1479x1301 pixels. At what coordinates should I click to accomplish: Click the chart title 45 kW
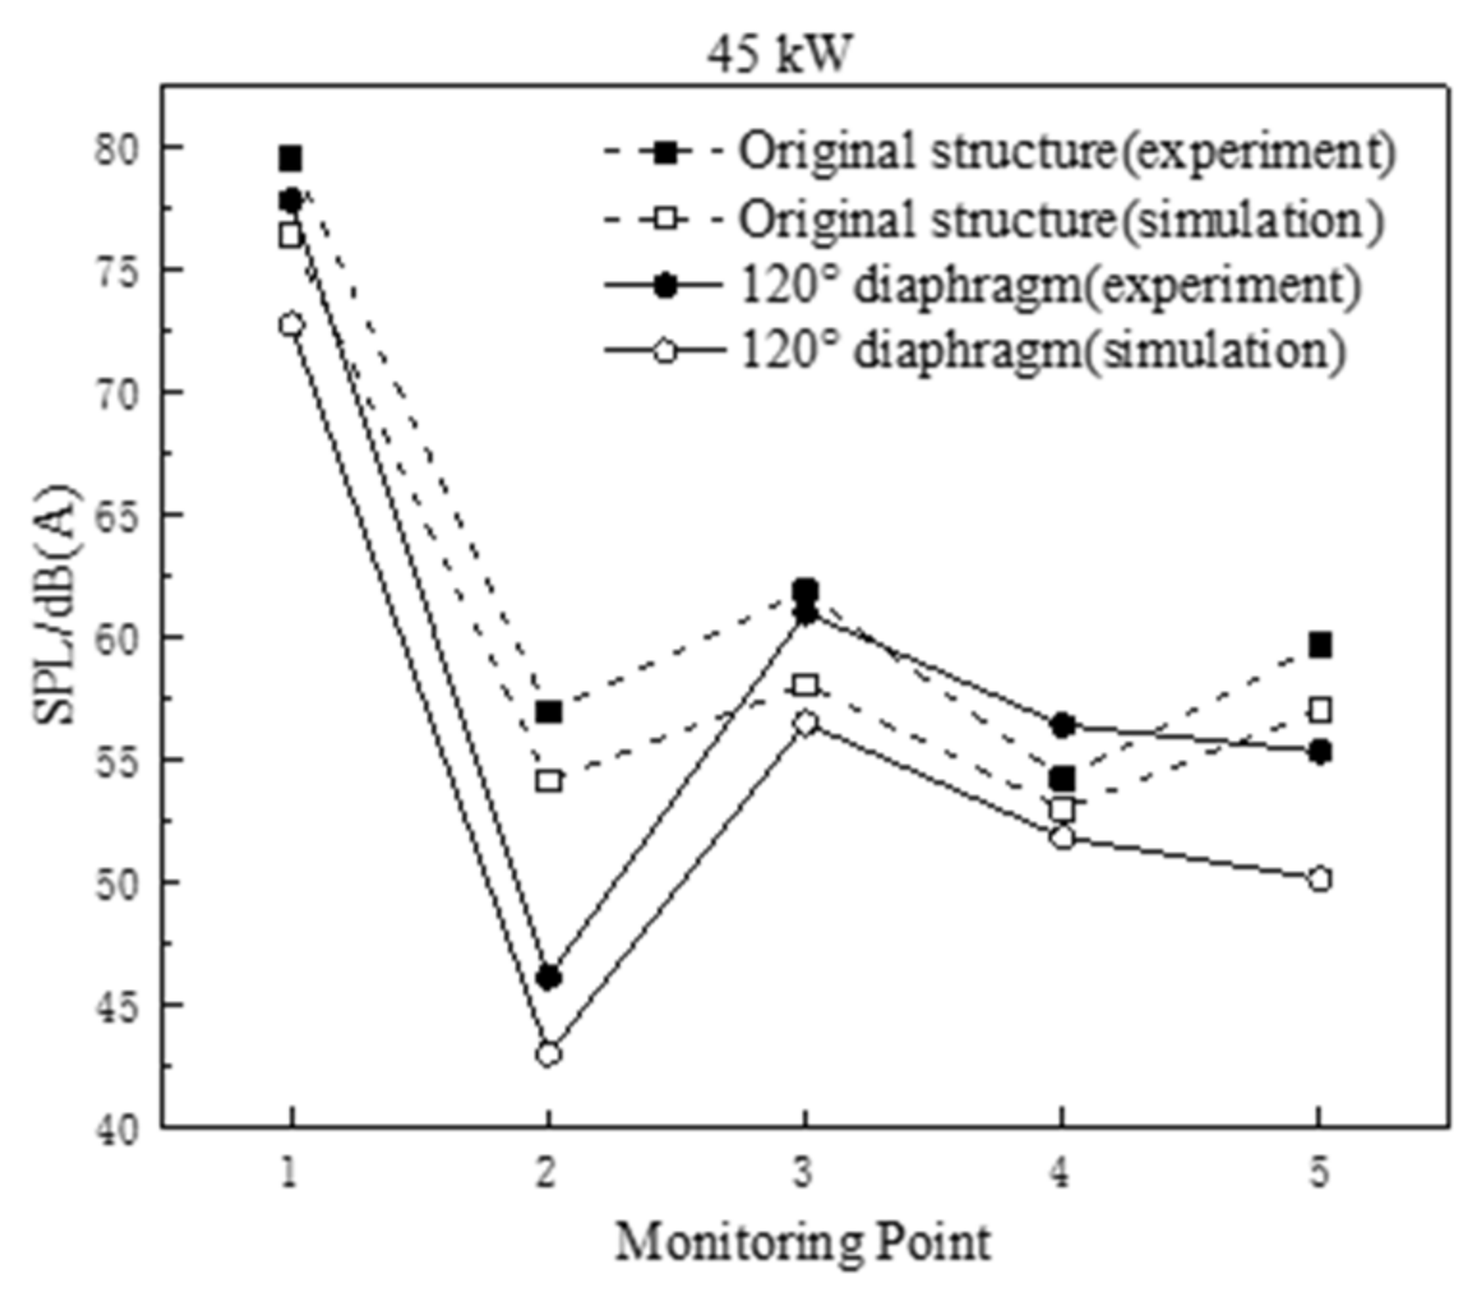(x=778, y=55)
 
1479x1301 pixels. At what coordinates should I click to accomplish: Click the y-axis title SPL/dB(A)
(x=56, y=605)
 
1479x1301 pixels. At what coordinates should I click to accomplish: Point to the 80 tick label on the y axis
(x=117, y=149)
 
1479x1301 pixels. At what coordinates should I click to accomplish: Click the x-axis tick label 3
(x=803, y=1172)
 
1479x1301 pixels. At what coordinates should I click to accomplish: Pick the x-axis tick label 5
(x=1319, y=1172)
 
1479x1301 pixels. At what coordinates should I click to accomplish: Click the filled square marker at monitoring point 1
(x=291, y=158)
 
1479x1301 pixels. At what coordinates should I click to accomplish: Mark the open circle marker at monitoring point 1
(x=291, y=325)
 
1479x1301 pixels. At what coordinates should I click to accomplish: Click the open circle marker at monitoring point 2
(x=549, y=1054)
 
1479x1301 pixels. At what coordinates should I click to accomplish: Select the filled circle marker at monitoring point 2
(x=549, y=977)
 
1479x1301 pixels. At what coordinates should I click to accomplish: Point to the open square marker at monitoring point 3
(x=805, y=685)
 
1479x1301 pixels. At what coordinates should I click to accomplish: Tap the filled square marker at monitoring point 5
(x=1320, y=645)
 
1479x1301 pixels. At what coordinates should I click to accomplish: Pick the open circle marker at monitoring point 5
(x=1320, y=879)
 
